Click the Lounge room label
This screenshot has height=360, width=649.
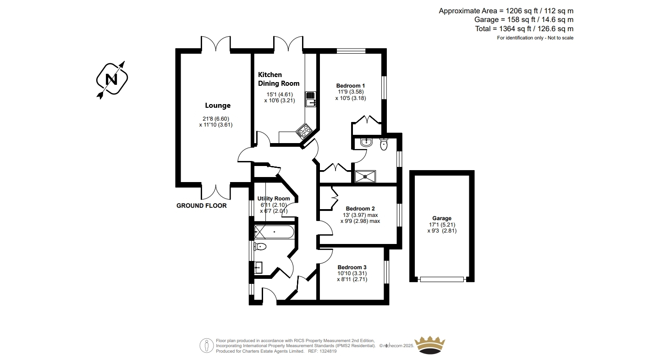[218, 105]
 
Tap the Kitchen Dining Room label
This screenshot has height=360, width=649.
[278, 79]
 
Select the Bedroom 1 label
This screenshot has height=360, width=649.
[350, 85]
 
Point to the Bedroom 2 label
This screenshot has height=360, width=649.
[360, 208]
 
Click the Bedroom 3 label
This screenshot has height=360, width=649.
[352, 267]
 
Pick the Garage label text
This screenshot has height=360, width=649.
[442, 218]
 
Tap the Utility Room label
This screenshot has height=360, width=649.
[274, 199]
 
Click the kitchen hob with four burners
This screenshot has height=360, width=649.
[303, 131]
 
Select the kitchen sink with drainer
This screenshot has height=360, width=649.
[310, 99]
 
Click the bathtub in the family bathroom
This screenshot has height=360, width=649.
[274, 232]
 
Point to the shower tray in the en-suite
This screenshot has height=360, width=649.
[365, 176]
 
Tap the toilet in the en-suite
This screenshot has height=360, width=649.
[384, 144]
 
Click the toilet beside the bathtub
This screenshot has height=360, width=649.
[260, 247]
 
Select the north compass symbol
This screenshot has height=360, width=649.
[112, 79]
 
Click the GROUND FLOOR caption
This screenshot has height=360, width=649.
[201, 205]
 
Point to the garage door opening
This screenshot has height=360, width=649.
[442, 279]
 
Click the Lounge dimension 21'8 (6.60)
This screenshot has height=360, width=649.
[216, 119]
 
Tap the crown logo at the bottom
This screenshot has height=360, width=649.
[429, 345]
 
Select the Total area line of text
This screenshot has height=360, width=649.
[524, 29]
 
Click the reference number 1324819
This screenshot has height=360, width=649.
[328, 351]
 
